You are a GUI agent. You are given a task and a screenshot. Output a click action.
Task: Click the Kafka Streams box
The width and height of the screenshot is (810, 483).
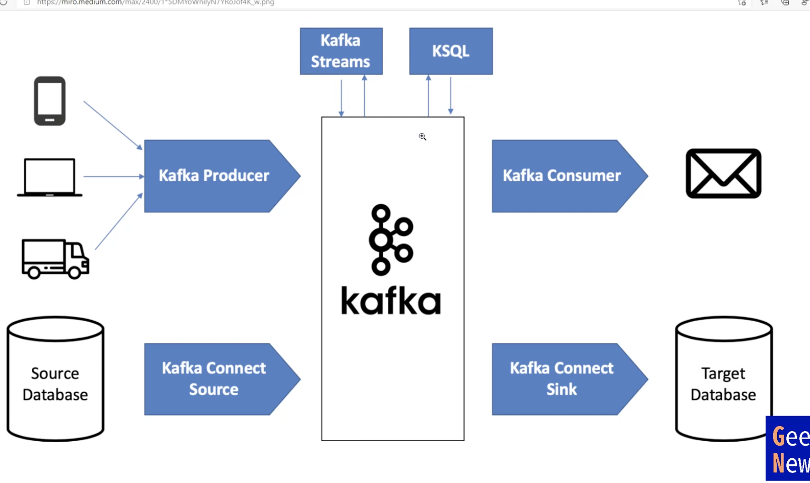click(x=341, y=51)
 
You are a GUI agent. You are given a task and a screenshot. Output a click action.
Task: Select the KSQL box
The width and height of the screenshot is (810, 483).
click(x=450, y=51)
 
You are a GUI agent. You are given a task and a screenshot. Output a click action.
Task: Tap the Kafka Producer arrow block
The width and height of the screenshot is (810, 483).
click(x=214, y=175)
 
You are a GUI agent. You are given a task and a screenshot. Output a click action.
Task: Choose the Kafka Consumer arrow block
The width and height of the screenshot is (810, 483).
click(x=562, y=175)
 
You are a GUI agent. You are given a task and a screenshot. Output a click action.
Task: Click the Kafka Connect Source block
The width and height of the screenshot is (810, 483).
click(x=214, y=379)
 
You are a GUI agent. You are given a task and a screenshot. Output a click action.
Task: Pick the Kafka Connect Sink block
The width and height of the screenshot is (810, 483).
click(x=562, y=379)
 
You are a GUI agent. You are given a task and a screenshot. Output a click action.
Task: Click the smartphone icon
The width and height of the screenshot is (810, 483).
click(x=49, y=101)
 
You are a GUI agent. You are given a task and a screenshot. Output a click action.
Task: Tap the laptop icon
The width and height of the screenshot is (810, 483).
click(x=49, y=177)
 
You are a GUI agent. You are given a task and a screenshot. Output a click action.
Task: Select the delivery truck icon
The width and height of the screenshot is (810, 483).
click(x=55, y=259)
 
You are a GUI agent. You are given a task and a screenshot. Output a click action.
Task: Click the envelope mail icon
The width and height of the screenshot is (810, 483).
click(x=723, y=173)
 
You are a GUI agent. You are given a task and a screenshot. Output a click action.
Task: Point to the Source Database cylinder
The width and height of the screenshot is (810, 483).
click(x=55, y=379)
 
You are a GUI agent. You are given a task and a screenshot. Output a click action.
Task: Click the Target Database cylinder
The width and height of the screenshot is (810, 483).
click(x=723, y=379)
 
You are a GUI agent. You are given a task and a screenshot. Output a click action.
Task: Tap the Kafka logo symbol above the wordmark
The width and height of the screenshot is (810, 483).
click(x=391, y=239)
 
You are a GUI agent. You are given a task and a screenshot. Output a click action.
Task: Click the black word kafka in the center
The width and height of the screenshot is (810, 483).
click(x=391, y=301)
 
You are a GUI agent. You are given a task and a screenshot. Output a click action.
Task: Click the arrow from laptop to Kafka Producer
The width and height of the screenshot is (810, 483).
click(x=113, y=176)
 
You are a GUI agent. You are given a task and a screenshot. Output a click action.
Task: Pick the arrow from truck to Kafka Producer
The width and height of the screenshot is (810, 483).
click(x=119, y=222)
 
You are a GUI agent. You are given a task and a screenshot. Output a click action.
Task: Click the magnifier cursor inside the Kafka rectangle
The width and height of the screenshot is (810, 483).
click(x=422, y=137)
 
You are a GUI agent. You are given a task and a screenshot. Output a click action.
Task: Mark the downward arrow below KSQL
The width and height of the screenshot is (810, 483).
click(x=450, y=96)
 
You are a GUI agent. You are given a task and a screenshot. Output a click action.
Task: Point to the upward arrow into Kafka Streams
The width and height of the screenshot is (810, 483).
click(x=364, y=96)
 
